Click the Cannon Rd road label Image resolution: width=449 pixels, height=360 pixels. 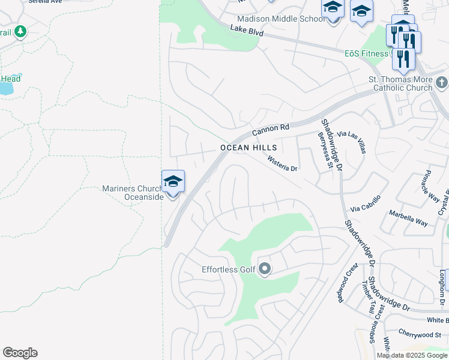pos(271,128)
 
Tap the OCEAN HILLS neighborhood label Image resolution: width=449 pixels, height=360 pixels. pos(249,148)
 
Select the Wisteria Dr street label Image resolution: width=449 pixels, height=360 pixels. pos(283,164)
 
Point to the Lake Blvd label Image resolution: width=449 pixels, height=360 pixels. pos(247,31)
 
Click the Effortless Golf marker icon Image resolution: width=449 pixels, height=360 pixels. pos(265,269)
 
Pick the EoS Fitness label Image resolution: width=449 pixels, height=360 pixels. pos(366,53)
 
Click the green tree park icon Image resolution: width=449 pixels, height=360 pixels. pos(20,31)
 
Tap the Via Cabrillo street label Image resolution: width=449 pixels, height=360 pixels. pos(366,204)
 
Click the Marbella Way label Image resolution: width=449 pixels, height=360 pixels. pos(408,218)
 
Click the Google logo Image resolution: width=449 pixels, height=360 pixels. pos(20,353)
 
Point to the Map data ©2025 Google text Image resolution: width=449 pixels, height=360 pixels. pos(412,355)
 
